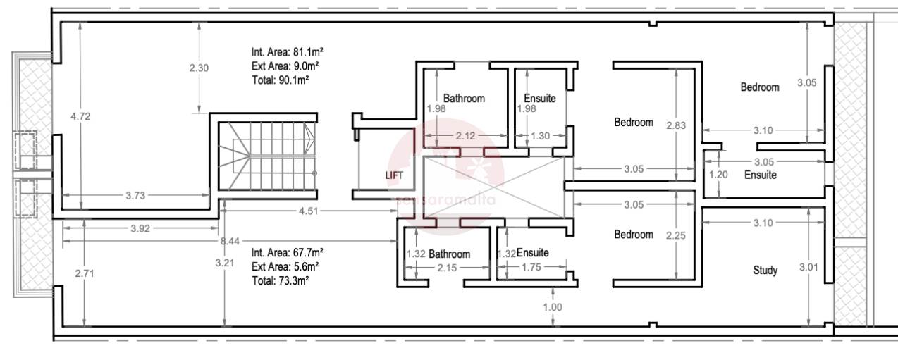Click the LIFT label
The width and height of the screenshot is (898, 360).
[394, 175]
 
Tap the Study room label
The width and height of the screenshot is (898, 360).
[765, 271]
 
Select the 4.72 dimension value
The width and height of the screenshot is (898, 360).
[80, 116]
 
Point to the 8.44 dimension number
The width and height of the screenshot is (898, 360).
[230, 241]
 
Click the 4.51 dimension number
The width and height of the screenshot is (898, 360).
[309, 211]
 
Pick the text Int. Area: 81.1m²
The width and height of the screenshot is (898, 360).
[287, 51]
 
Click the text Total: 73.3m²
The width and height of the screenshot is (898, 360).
[281, 280]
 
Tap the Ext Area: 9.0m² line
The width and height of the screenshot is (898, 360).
[285, 66]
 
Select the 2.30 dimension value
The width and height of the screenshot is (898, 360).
[199, 68]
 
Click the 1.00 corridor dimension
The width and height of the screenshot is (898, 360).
[553, 307]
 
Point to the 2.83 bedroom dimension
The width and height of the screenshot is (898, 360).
[676, 125]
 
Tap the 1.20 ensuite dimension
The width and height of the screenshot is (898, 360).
[718, 175]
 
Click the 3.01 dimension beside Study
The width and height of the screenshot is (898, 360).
[808, 267]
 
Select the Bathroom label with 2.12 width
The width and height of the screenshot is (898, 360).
[464, 98]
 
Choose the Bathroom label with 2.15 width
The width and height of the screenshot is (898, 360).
[450, 254]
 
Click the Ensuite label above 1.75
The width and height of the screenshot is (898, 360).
[532, 252]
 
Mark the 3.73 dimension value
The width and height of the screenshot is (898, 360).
[135, 196]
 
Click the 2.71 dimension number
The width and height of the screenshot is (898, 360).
[85, 273]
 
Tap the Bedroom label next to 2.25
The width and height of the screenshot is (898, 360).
[634, 235]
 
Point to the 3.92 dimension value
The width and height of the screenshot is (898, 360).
[140, 228]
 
